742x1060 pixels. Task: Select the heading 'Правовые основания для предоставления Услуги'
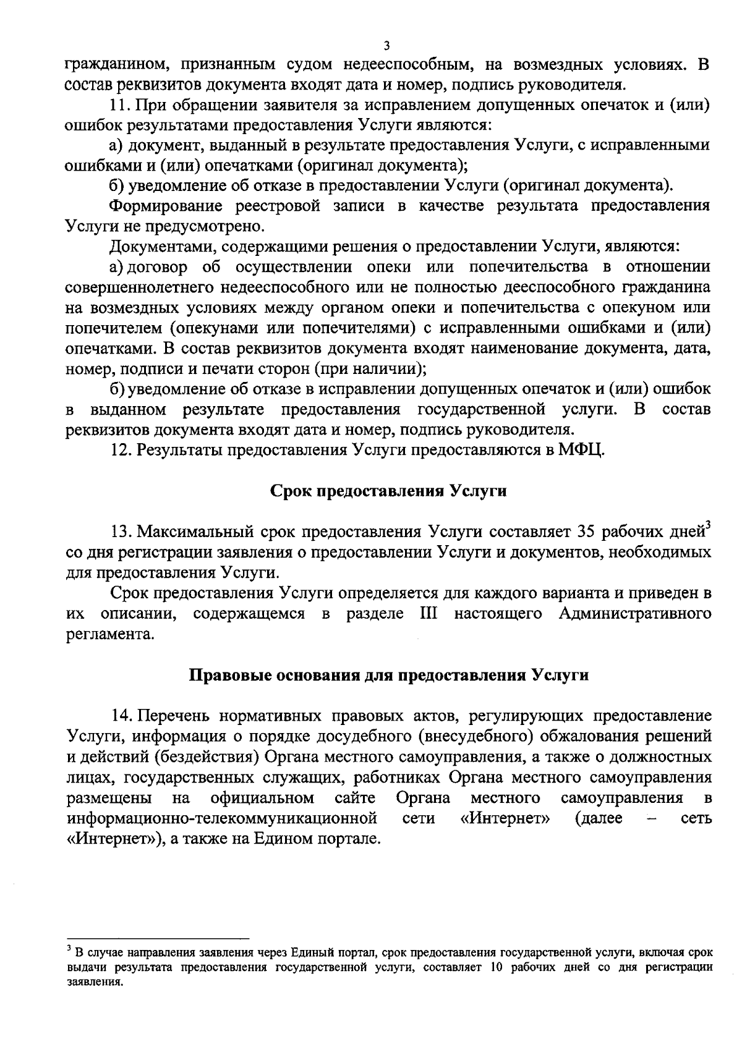pos(388,674)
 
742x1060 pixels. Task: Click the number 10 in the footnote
pos(495,968)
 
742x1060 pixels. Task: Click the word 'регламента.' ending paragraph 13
pos(109,634)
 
